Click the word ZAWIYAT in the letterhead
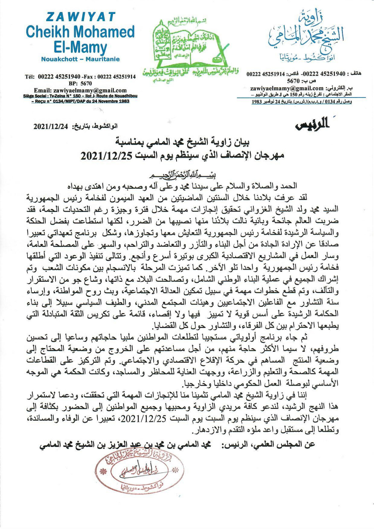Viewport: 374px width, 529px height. tap(80, 17)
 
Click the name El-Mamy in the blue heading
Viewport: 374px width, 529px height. tap(80, 47)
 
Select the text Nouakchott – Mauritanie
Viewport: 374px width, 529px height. tap(80, 60)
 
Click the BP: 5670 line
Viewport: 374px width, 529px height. tap(80, 84)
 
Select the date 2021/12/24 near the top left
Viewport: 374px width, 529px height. tap(50, 127)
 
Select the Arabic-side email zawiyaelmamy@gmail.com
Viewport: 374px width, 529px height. tap(286, 88)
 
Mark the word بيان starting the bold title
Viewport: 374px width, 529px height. tap(241, 143)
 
